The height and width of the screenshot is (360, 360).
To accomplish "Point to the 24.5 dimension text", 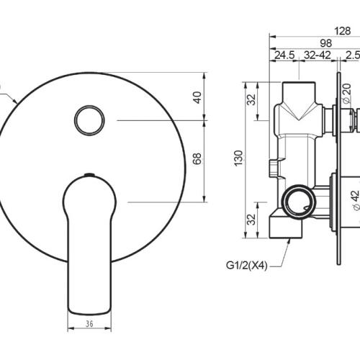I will click(x=283, y=55).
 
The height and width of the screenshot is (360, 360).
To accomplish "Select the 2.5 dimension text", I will click(x=351, y=55).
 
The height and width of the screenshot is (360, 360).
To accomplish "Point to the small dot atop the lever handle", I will click(x=89, y=175).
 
